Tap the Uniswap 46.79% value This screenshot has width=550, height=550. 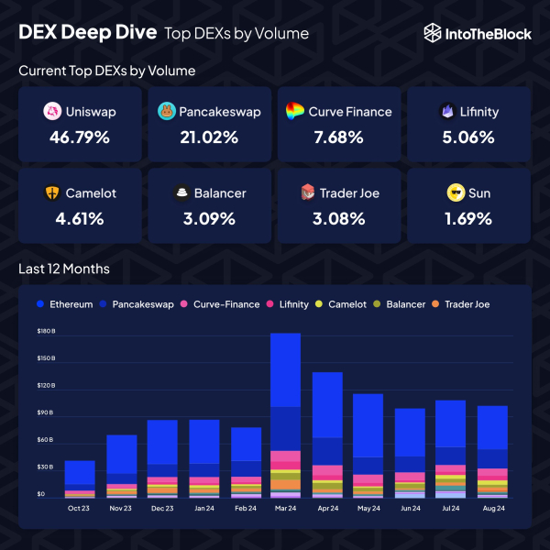(x=81, y=137)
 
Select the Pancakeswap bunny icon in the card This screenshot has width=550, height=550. (x=167, y=112)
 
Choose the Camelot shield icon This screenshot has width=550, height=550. (x=53, y=193)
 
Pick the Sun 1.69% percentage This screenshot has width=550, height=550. (x=468, y=219)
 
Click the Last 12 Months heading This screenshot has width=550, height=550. (x=64, y=269)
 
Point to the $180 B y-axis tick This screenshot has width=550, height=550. (x=46, y=331)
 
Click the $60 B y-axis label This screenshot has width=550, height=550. (x=46, y=440)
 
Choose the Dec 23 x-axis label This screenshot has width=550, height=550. (x=162, y=507)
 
